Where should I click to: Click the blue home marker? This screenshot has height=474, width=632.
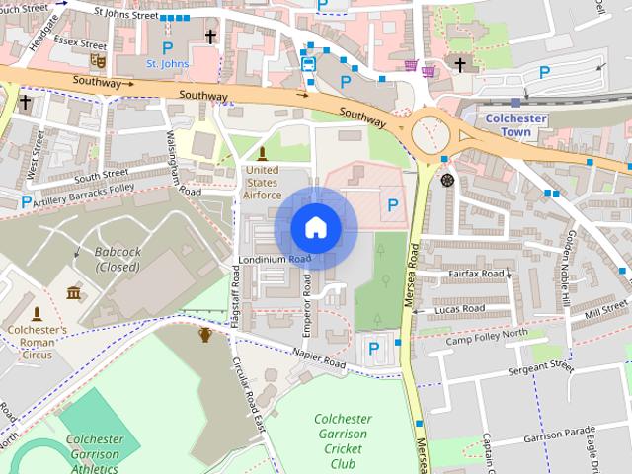(315, 227)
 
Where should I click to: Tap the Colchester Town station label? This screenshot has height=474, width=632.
(516, 124)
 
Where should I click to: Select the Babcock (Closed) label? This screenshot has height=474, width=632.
(118, 259)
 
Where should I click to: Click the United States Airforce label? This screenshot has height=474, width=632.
(262, 182)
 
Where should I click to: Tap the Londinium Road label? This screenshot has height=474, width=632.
(274, 260)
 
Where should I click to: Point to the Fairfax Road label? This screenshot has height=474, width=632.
(476, 274)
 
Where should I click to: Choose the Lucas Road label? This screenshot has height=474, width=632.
(460, 309)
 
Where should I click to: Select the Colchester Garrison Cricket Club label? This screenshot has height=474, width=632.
(342, 441)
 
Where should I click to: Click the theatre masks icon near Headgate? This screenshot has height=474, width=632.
(96, 60)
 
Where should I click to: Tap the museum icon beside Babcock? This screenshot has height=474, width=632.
(73, 293)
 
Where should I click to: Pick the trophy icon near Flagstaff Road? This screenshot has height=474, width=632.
(204, 334)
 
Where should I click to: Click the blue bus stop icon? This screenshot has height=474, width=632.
(308, 64)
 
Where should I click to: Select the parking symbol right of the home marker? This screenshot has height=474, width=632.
(393, 205)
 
